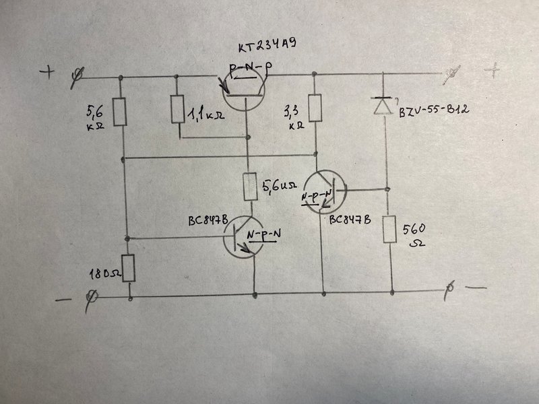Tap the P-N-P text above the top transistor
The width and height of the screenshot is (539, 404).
point(249,69)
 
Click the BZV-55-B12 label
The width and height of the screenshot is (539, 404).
point(434,110)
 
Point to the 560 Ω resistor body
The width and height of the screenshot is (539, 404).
point(390,229)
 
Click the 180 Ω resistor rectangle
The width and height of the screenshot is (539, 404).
point(129,268)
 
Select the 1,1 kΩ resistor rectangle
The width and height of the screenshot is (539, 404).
point(177,109)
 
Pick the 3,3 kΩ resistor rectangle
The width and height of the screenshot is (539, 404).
point(315,108)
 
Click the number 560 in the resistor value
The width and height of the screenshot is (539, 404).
point(414,229)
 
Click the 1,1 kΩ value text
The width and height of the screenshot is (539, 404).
point(206,113)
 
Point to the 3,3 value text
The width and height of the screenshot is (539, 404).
point(291,111)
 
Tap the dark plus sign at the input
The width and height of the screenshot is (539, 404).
point(47,72)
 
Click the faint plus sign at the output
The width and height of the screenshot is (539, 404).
point(493,70)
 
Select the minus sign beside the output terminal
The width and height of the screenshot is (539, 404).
point(476,288)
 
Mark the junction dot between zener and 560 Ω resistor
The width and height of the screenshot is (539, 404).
point(387,189)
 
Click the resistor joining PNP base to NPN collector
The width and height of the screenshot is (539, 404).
point(250,187)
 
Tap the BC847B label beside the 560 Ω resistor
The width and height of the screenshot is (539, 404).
point(350,220)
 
